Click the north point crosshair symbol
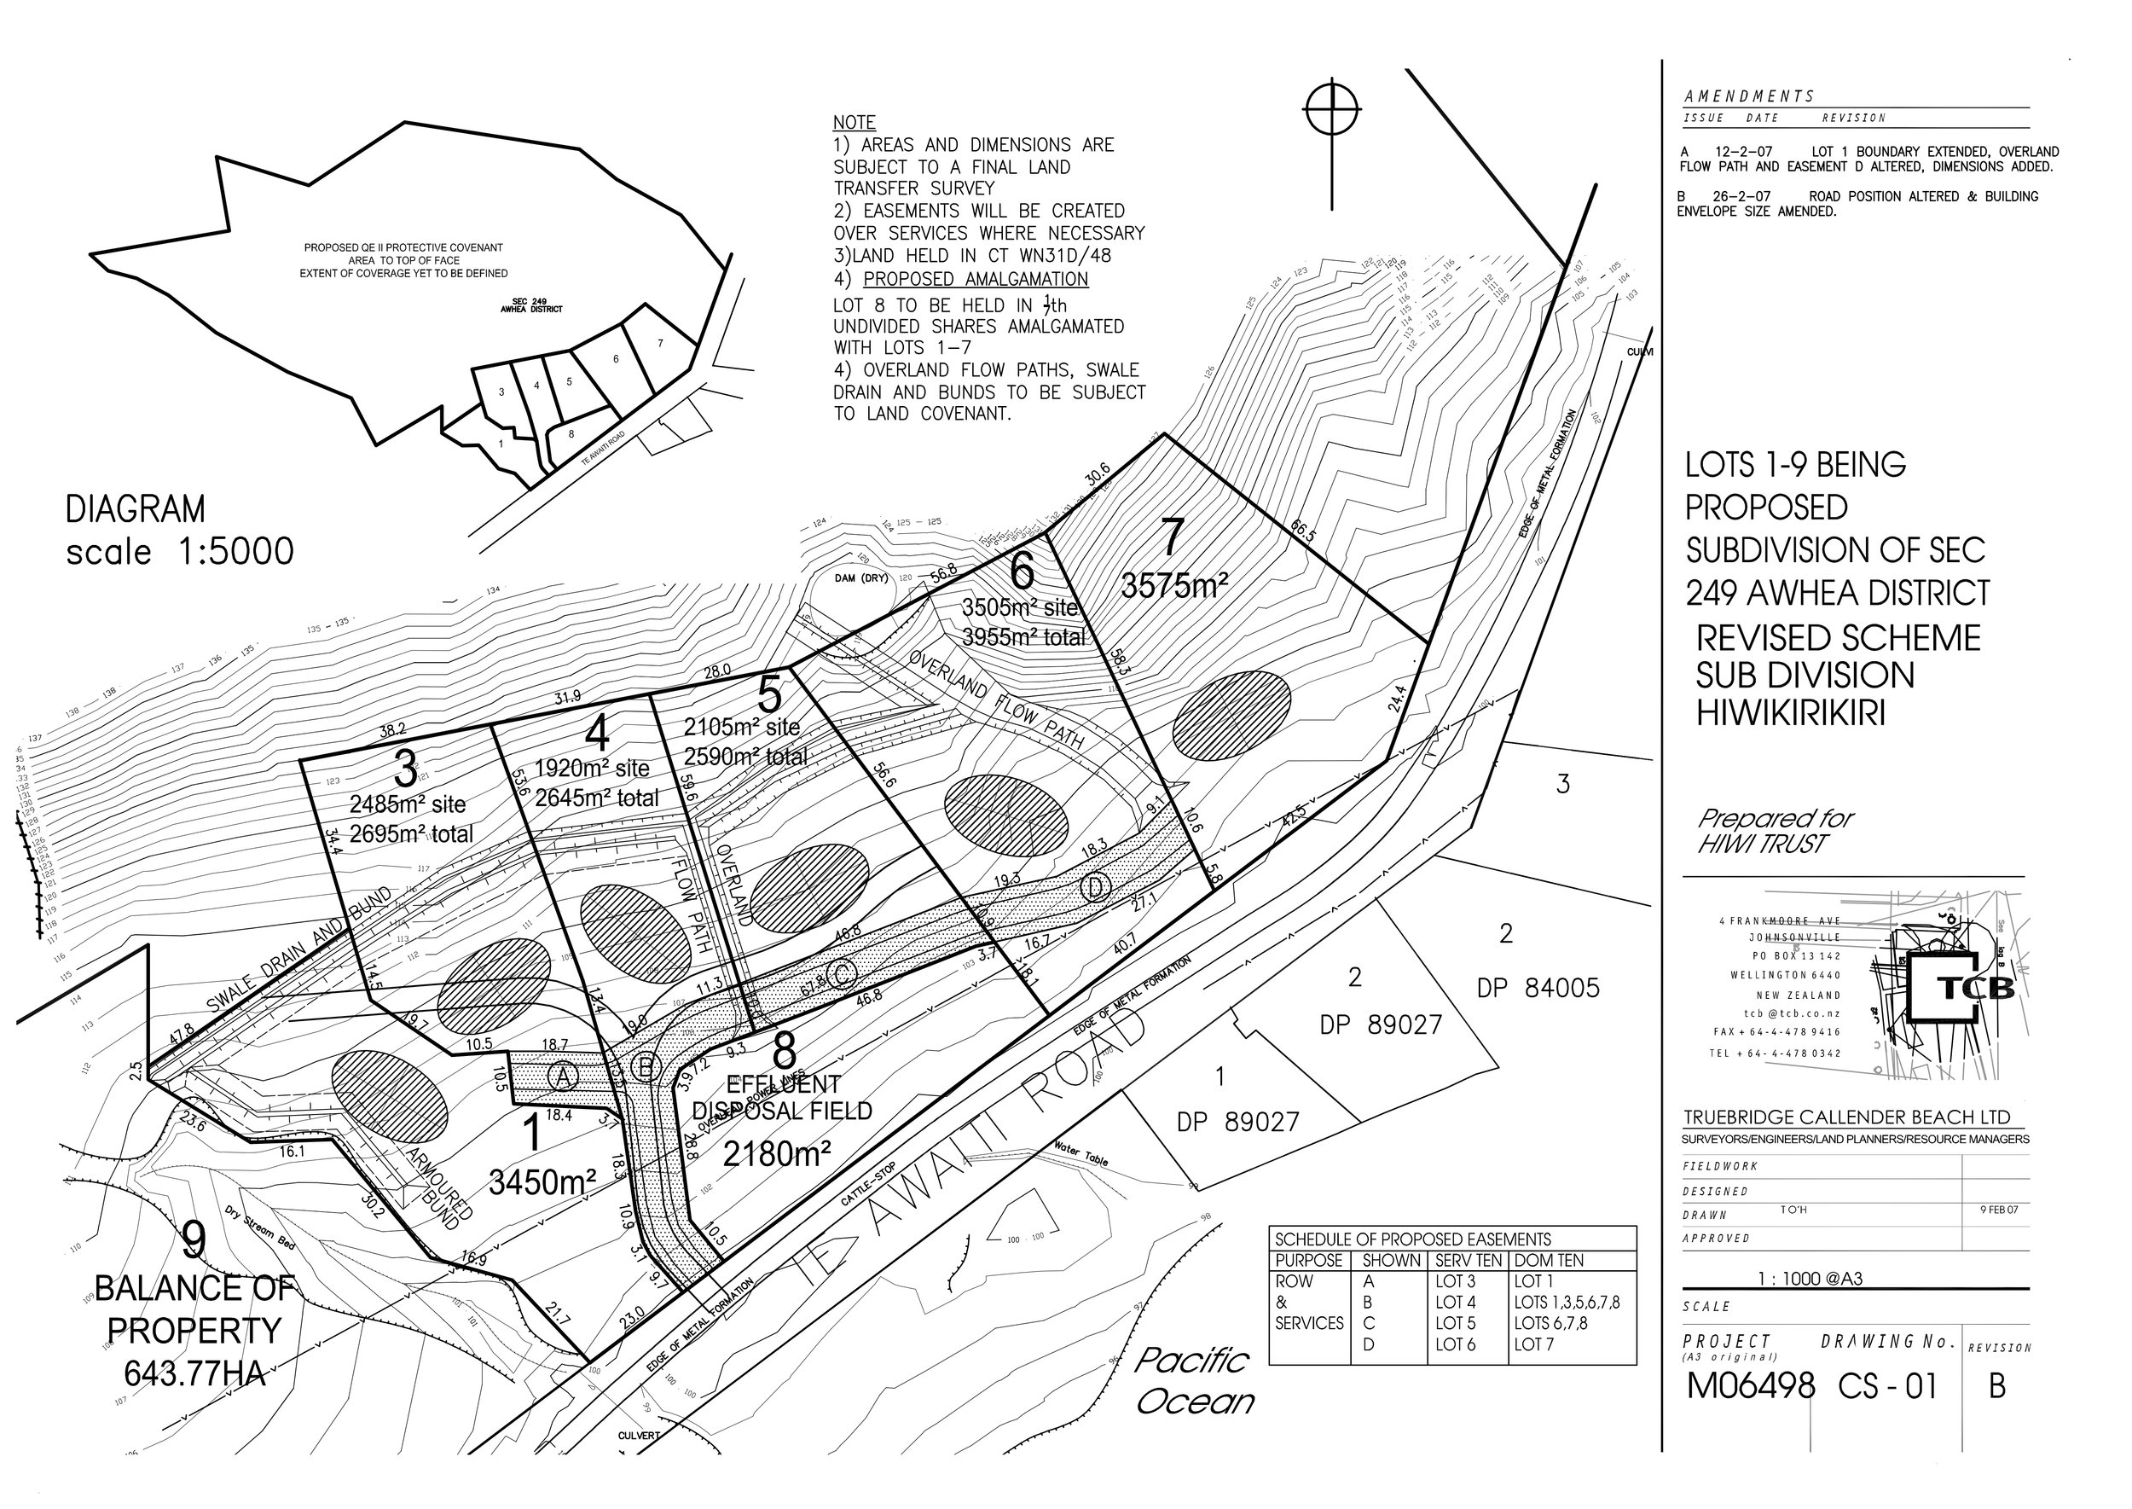(x=1332, y=111)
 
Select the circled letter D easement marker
(x=1096, y=888)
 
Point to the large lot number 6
(x=1022, y=572)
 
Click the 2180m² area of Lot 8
(x=777, y=1154)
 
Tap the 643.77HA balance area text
(x=195, y=1373)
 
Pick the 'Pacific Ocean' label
(x=1195, y=1381)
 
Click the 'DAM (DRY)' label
(x=849, y=578)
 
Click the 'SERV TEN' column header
(x=1468, y=1261)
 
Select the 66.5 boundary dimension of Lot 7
(x=1303, y=531)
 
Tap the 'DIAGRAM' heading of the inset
(x=136, y=509)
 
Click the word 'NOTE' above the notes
(x=854, y=123)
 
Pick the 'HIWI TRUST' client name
(x=1761, y=844)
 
